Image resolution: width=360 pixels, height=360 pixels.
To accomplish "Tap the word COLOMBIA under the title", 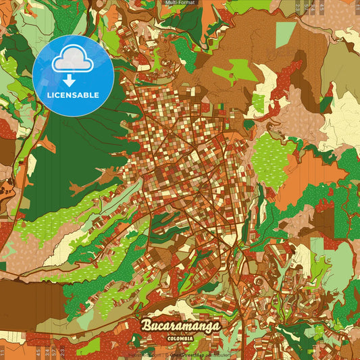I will point(182,337).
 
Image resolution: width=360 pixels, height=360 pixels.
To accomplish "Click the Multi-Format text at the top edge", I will point(180,3).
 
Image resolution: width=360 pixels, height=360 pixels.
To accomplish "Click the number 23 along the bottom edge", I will point(63,351).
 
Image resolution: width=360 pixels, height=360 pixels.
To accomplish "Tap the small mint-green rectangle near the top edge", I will point(285,34).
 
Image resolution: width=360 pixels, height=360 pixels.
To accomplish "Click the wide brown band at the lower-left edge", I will point(27,297).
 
